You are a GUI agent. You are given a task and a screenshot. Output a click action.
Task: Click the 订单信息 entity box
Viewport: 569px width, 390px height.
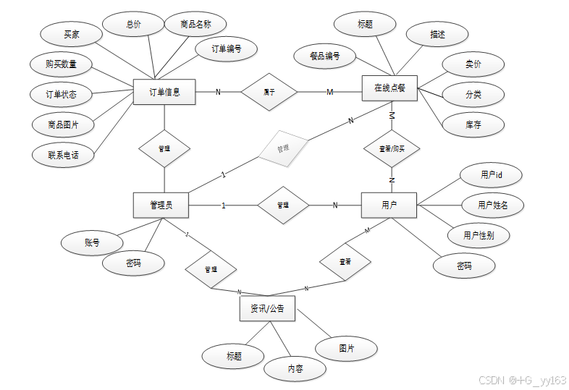[x=164, y=92]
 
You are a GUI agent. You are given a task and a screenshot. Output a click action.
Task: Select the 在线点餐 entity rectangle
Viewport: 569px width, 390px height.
[x=390, y=88]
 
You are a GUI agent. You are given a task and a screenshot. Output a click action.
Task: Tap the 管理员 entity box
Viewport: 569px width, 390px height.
[x=161, y=205]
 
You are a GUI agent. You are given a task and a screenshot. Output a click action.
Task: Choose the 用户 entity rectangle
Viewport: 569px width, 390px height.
[x=389, y=205]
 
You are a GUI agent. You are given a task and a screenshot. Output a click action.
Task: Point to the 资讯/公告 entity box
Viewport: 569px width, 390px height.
[x=267, y=309]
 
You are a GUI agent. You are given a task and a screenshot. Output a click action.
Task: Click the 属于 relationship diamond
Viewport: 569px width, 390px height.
[x=269, y=92]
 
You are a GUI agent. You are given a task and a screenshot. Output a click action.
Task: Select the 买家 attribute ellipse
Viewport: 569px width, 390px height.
[x=71, y=34]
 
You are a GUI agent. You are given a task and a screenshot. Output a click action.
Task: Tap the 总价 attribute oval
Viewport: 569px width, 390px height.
[x=133, y=24]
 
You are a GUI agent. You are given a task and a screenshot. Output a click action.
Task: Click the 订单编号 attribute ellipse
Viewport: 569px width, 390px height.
[x=226, y=49]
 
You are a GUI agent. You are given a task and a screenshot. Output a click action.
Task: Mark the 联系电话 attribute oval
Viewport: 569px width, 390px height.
[x=63, y=155]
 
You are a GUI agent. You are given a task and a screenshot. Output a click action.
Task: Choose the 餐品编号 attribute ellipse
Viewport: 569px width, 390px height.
[x=324, y=56]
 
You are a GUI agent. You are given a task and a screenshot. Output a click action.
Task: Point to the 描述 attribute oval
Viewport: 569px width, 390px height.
[x=437, y=34]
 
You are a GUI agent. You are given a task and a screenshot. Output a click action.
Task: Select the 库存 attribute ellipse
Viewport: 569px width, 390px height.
[x=473, y=124]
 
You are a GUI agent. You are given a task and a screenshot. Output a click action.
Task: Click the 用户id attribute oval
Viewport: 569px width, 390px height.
[x=491, y=175]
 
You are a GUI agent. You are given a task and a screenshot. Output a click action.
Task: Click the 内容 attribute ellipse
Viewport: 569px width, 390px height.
[x=295, y=369]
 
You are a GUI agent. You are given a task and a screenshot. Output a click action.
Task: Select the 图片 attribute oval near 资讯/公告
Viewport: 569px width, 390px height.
[x=347, y=348]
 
